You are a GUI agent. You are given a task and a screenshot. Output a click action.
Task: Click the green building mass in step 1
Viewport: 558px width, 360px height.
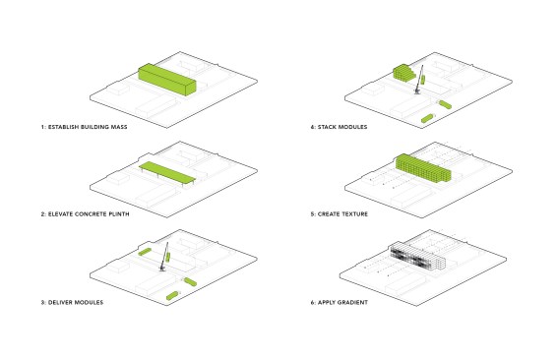click(x=167, y=80)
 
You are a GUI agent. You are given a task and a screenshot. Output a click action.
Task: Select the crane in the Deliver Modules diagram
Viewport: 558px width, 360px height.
click(x=164, y=257)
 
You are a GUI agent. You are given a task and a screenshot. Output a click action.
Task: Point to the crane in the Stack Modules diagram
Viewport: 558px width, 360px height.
click(x=419, y=80)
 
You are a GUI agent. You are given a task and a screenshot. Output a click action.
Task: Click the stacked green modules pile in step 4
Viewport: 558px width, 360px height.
click(x=403, y=73)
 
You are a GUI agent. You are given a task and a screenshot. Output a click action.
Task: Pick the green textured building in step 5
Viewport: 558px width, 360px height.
click(x=423, y=168)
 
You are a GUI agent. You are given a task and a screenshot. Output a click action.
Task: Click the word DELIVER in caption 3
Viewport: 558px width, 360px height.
click(x=59, y=302)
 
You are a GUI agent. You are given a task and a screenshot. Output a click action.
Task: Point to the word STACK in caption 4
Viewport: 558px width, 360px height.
click(x=327, y=127)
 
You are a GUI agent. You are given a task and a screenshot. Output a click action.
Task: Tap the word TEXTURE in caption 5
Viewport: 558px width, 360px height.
click(x=355, y=214)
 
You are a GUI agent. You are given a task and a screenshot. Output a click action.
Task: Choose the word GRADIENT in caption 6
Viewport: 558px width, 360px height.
click(x=353, y=302)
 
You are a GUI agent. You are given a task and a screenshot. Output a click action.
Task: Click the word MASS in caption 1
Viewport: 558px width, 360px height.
click(x=119, y=127)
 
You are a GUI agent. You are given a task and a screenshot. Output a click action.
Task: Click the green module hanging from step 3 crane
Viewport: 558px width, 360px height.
click(x=168, y=257)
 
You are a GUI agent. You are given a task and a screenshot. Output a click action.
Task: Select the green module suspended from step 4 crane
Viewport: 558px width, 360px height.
click(x=423, y=80)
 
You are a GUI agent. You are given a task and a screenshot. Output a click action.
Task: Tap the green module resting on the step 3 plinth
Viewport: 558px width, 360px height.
click(x=145, y=252)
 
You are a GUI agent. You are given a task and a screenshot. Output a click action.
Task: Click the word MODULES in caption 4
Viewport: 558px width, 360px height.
click(x=352, y=127)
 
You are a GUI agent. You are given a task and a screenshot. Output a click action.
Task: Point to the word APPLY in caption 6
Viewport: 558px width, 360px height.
click(x=327, y=302)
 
